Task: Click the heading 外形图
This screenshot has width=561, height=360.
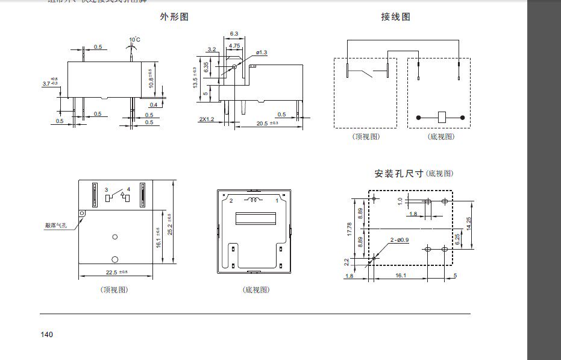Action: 174,17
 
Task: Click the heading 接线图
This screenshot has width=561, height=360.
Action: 395,17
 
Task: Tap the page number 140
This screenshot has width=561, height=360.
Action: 47,335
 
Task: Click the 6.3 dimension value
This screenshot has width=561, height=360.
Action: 234,33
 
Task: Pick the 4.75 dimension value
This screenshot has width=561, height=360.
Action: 234,45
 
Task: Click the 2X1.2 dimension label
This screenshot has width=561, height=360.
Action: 207,119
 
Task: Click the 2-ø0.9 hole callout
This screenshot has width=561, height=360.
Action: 399,240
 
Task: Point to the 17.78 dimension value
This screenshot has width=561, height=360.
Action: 349,230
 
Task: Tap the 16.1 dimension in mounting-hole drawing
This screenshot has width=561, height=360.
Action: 401,276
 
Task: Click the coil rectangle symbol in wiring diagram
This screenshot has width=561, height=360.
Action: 441,116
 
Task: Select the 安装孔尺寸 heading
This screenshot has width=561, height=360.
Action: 399,174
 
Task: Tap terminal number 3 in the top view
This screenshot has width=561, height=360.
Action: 106,190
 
